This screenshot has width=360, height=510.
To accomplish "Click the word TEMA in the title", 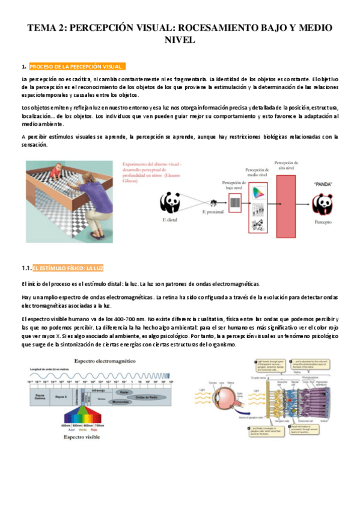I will coord(44,28).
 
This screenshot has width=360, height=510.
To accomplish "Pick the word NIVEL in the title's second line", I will coord(180,40).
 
